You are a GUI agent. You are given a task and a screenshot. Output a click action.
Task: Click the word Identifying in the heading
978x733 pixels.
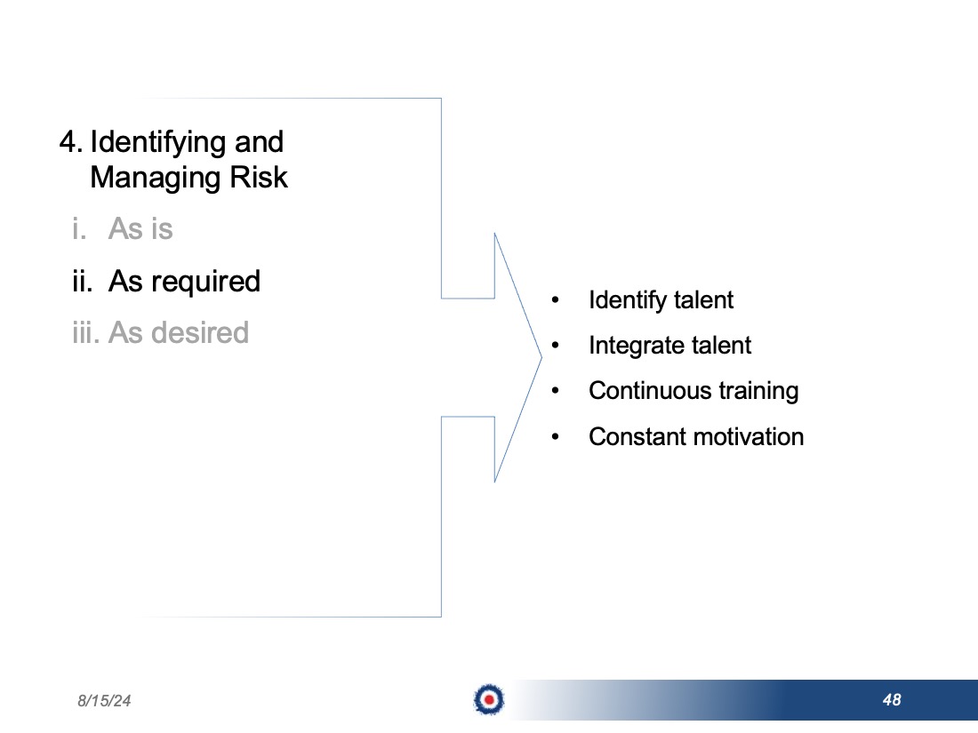(x=158, y=143)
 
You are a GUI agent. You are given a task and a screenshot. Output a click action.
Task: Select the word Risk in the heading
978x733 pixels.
(x=259, y=177)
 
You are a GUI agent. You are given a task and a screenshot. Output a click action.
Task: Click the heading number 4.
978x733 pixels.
(x=71, y=141)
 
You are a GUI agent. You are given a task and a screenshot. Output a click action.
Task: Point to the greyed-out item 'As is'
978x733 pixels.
(x=140, y=228)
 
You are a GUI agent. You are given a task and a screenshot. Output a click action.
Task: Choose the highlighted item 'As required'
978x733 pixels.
(x=184, y=282)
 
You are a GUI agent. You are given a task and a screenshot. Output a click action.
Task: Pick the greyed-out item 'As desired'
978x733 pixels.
(x=179, y=332)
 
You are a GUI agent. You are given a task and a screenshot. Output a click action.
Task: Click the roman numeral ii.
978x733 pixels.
(x=83, y=281)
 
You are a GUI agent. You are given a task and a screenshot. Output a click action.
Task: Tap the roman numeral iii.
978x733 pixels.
(x=85, y=332)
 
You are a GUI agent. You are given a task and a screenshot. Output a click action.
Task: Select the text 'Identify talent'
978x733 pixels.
(x=661, y=300)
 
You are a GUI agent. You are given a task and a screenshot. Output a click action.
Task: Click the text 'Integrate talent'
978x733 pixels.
(x=669, y=346)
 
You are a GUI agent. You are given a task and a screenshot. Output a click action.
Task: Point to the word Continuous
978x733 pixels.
(x=650, y=391)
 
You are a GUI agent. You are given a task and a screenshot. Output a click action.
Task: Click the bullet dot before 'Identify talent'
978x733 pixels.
(x=555, y=300)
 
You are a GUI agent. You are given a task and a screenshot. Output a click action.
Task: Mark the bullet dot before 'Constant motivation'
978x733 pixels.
(x=555, y=437)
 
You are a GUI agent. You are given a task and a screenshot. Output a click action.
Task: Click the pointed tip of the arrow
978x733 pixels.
(x=541, y=357)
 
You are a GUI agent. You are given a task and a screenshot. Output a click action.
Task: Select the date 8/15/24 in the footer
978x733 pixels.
(x=104, y=701)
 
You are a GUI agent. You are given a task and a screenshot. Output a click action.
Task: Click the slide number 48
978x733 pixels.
(x=892, y=700)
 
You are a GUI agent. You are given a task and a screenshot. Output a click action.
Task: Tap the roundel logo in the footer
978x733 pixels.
(x=489, y=699)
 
